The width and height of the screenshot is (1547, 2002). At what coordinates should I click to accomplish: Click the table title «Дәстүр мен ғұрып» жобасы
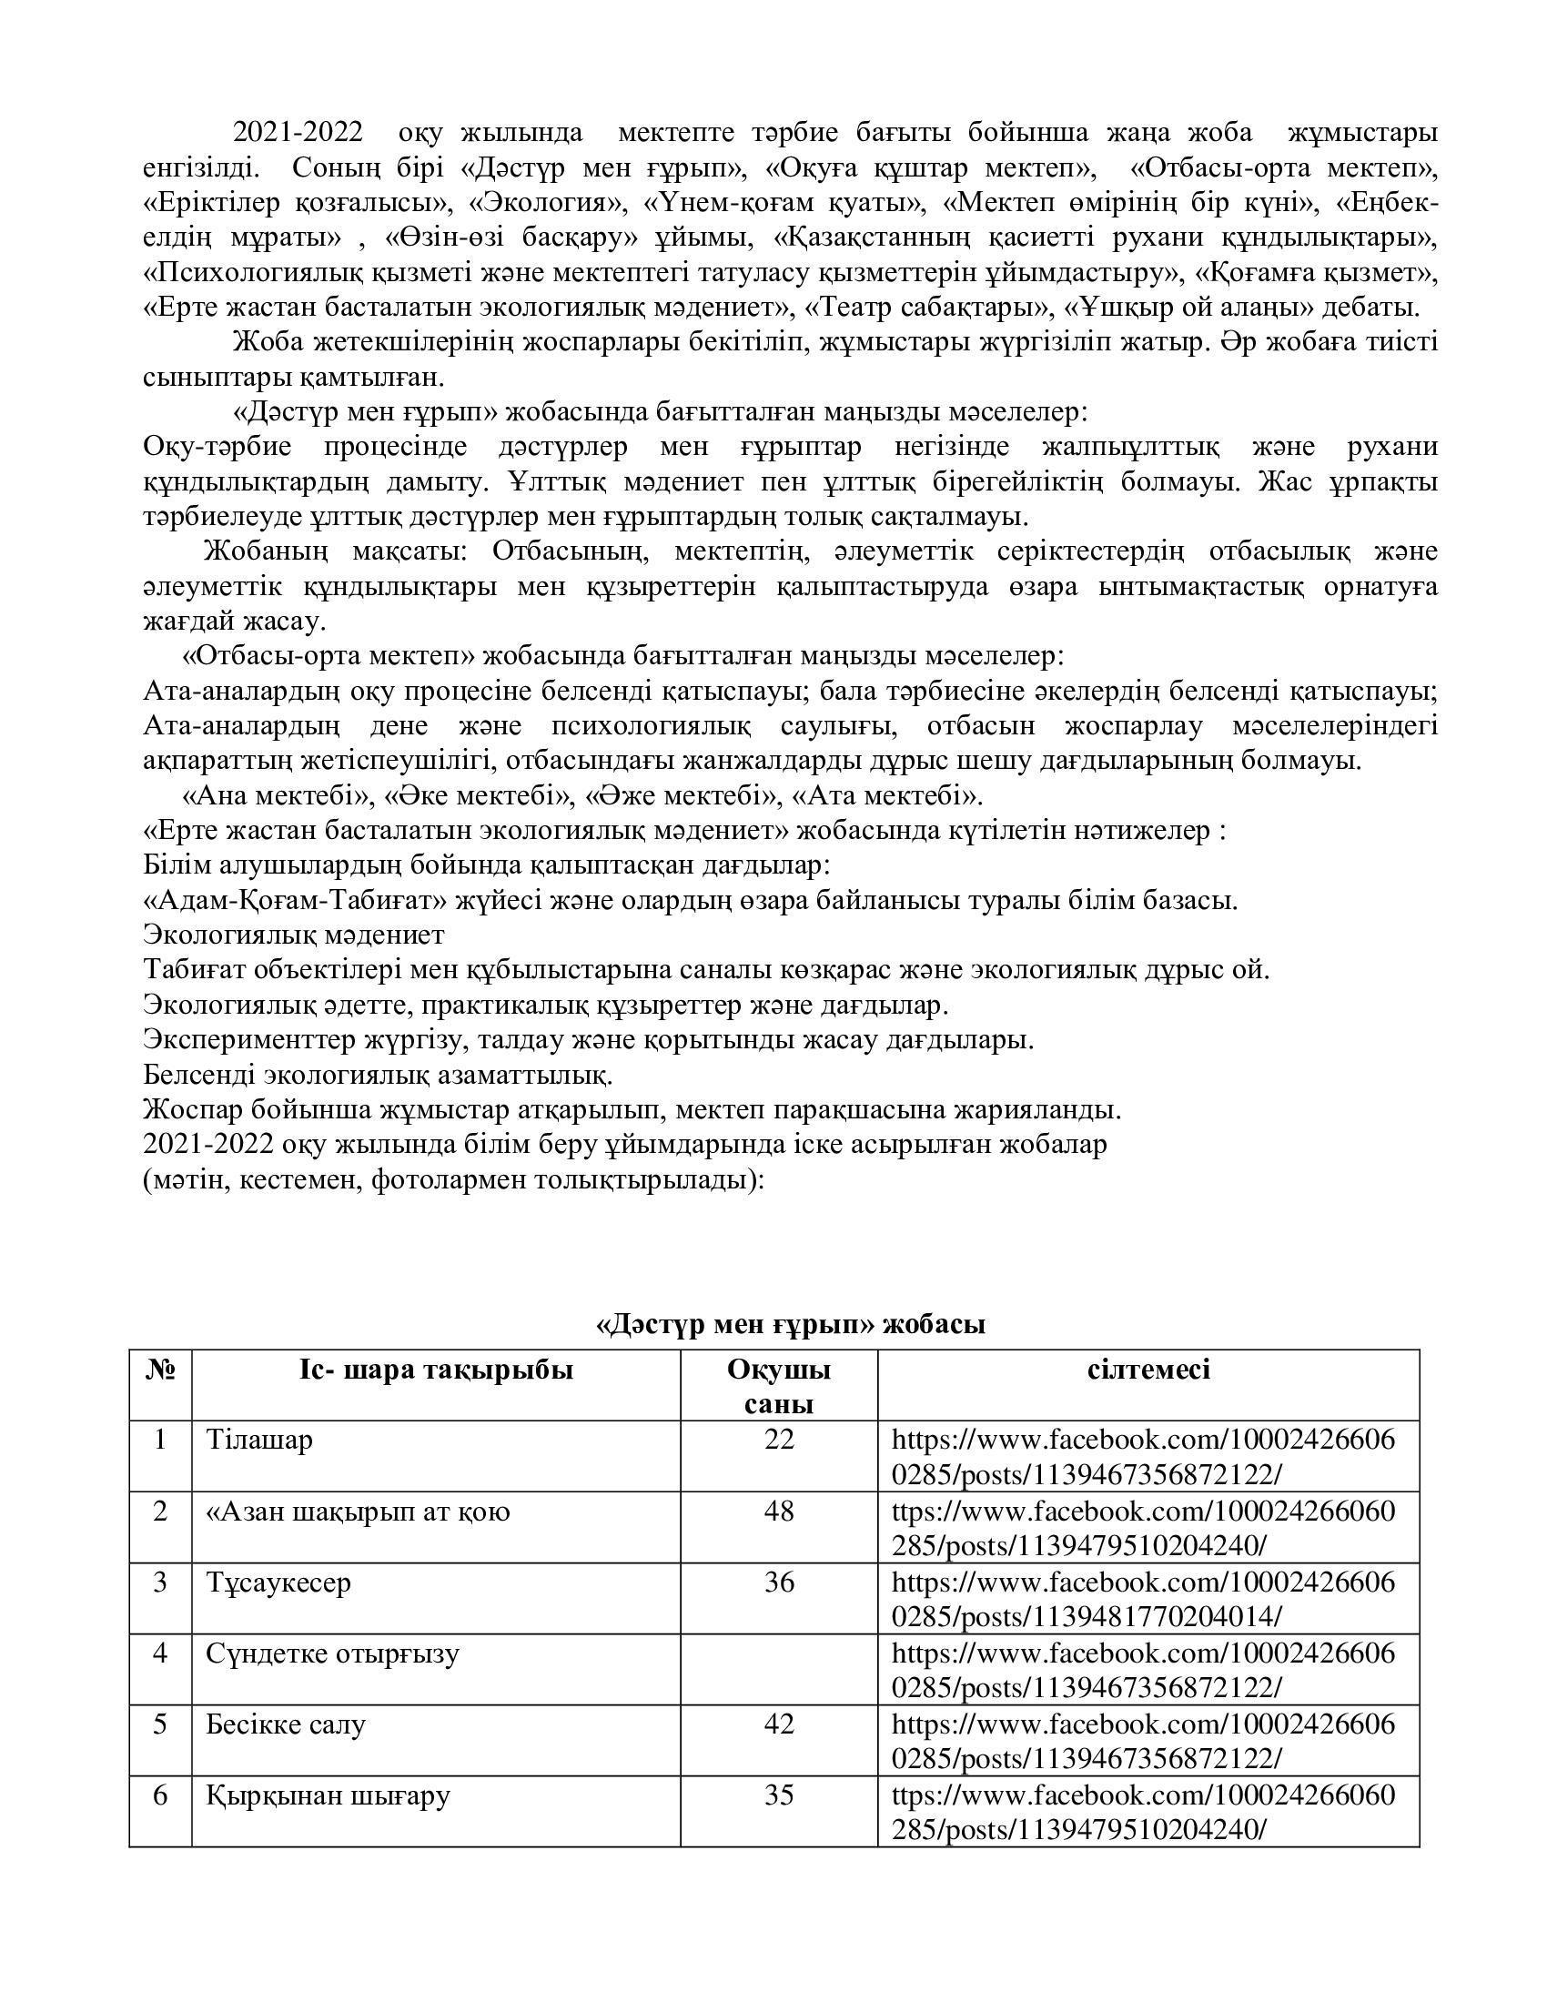790,1324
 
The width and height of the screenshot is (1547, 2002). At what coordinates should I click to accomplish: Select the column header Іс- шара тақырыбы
435,1370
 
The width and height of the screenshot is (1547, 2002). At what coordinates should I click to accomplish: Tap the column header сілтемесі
1148,1370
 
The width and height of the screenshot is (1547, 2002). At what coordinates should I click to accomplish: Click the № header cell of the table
160,1370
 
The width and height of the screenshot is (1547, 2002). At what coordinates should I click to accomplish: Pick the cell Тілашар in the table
259,1441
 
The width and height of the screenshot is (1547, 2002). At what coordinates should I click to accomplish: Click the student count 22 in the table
778,1441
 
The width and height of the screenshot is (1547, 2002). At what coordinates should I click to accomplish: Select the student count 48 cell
778,1512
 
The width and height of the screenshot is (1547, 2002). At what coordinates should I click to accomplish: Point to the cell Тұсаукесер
278,1583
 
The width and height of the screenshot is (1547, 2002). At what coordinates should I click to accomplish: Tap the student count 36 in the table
778,1583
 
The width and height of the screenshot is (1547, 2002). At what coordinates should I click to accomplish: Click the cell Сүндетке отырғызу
332,1653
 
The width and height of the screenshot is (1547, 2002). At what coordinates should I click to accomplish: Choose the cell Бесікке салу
285,1725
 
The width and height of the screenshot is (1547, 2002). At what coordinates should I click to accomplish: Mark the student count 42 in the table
778,1725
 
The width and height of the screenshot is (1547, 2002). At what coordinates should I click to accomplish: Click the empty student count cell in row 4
778,1668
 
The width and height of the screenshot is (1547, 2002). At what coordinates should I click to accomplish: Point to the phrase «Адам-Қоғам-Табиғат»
297,901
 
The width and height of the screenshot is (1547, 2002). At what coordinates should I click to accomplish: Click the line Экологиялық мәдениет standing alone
293,935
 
